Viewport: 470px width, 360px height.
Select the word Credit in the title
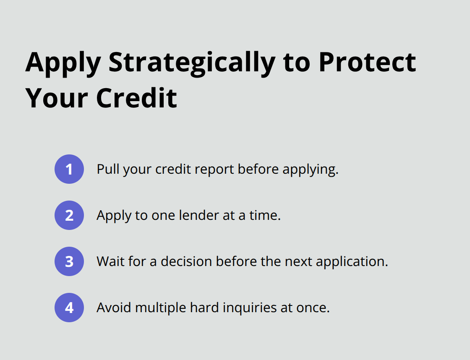point(136,99)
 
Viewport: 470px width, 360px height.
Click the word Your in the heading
point(57,99)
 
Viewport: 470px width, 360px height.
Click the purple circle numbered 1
point(69,169)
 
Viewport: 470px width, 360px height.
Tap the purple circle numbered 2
point(69,215)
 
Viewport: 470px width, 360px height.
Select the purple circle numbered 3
point(69,261)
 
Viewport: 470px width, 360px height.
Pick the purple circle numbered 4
point(69,308)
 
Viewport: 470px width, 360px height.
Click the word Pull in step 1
point(107,169)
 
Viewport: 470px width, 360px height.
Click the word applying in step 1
point(310,170)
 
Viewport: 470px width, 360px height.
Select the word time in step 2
point(267,215)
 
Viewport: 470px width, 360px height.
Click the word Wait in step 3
point(110,261)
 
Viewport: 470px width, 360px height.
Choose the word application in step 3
point(351,262)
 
